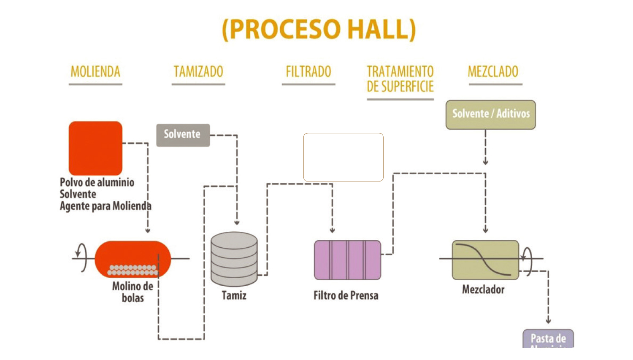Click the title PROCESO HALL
(x=319, y=29)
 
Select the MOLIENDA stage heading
(x=95, y=72)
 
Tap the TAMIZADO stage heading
(x=198, y=72)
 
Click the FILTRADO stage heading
(x=308, y=72)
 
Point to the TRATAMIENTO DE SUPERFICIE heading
(x=400, y=79)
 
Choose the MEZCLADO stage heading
(x=493, y=72)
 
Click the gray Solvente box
(x=183, y=135)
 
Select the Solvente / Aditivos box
(x=490, y=114)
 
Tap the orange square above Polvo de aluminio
(x=95, y=148)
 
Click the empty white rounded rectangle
(x=343, y=157)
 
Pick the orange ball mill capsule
(x=133, y=258)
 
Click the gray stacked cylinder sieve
(x=234, y=259)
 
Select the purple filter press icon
(x=347, y=260)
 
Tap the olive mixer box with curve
(x=485, y=260)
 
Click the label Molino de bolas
(x=133, y=292)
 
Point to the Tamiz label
(x=234, y=295)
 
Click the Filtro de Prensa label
(x=346, y=295)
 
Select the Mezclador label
(x=483, y=290)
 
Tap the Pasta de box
(x=548, y=339)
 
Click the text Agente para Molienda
(x=105, y=206)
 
